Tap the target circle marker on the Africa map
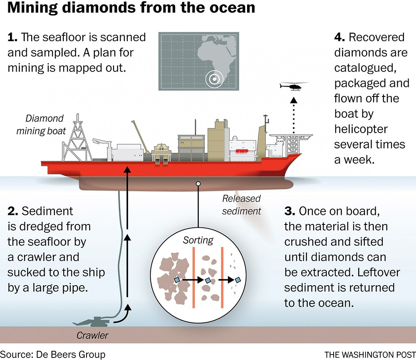tap(214, 79)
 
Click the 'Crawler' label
tap(92, 335)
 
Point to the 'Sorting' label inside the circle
tap(198, 240)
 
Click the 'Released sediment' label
tap(241, 205)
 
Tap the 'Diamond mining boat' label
tap(41, 124)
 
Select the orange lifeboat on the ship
tap(242, 151)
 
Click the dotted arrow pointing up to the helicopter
tap(293, 115)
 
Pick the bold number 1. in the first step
tap(12, 37)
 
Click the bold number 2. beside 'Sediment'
tap(13, 211)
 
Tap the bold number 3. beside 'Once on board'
tap(290, 211)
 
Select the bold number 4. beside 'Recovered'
tap(339, 37)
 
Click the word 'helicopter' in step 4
tap(361, 129)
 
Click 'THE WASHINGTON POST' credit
tap(370, 355)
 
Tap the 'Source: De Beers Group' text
tap(53, 355)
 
